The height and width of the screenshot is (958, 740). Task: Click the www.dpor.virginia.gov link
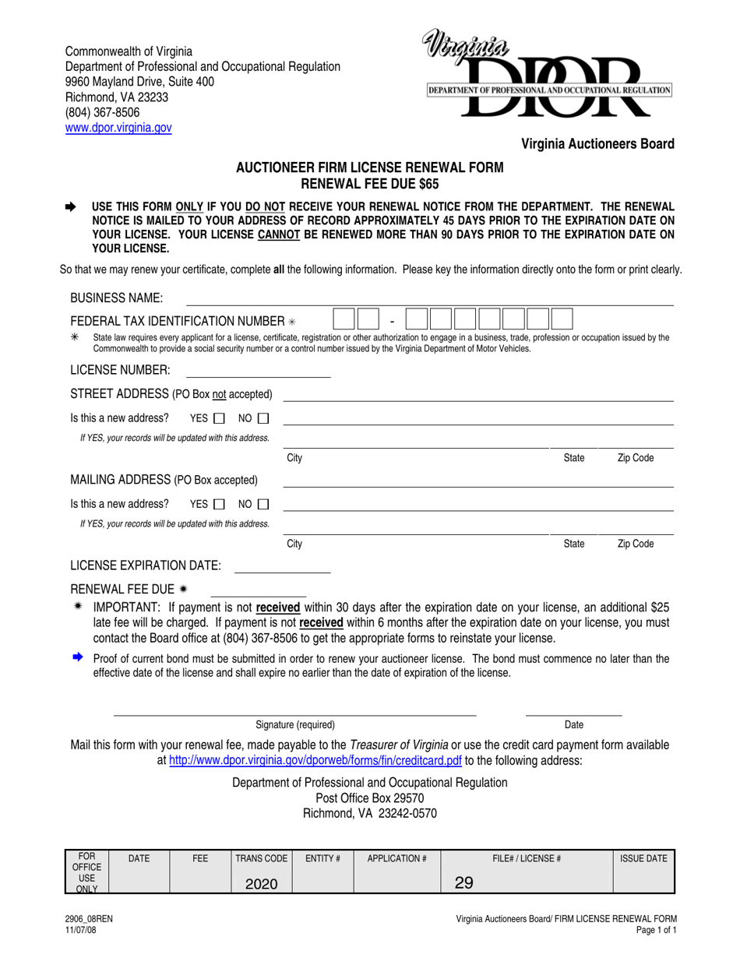point(118,127)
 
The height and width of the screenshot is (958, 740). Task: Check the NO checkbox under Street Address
point(263,418)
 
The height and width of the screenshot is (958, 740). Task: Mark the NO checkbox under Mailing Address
point(263,504)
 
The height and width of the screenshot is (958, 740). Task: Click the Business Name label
point(117,298)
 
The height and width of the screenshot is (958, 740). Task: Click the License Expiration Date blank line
point(282,572)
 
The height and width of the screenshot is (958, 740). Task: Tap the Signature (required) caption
point(295,724)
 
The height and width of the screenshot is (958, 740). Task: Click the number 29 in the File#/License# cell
point(464,883)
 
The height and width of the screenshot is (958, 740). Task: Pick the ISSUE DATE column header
point(643,858)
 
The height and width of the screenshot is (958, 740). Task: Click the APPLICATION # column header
point(397,858)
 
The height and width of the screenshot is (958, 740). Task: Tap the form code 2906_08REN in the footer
point(88,920)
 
